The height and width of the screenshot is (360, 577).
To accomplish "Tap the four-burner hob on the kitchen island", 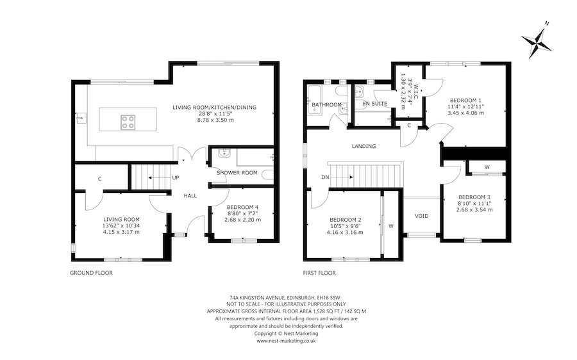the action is tap(128, 122).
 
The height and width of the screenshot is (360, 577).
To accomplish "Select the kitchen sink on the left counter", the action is tap(81, 118).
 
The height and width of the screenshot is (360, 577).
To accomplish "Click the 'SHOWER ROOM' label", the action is tap(237, 172).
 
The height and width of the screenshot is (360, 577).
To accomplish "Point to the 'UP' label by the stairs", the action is tap(176, 177).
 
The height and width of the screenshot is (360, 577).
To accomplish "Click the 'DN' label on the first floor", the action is tap(325, 177).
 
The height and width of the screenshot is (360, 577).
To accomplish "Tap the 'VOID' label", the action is tap(422, 216).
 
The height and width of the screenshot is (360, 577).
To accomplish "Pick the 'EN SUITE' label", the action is tap(375, 104).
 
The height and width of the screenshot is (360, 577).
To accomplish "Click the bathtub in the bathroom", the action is tap(315, 101).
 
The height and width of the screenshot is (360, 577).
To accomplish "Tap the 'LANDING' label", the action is tap(364, 146).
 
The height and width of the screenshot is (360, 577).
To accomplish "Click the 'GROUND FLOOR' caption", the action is tap(91, 273).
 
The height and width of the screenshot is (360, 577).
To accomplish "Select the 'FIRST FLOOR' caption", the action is tap(319, 273).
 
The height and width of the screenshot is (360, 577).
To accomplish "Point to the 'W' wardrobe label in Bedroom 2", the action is tap(391, 226).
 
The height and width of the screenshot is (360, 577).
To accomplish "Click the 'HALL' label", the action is tap(190, 195).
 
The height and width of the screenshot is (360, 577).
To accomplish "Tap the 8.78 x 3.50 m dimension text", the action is tap(215, 120).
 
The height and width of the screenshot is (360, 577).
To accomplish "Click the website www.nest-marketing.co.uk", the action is tap(287, 341).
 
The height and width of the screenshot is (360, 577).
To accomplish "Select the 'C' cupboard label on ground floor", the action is tap(100, 179).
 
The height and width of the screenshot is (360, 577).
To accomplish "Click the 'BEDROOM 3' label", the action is tap(474, 197).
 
